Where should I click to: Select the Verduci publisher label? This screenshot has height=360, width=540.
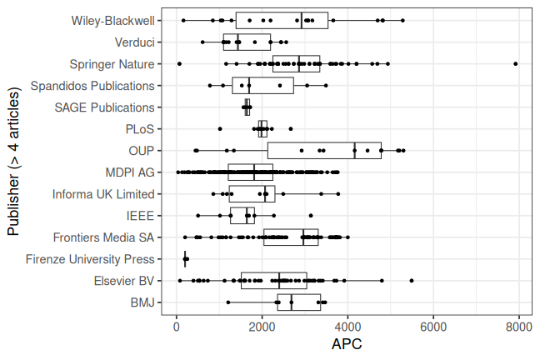pos(134,42)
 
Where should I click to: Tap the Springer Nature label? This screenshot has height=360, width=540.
pos(113,63)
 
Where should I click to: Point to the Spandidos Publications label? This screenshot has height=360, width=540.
pos(92,85)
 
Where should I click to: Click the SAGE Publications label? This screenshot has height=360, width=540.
pos(104,107)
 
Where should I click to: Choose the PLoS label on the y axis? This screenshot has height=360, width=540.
pos(139,128)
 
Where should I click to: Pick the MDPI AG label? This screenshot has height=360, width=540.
pos(130,172)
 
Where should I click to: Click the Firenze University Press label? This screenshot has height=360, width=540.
pos(90,259)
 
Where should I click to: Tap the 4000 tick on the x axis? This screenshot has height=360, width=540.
pos(347,327)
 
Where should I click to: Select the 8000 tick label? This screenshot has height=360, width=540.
pos(519,327)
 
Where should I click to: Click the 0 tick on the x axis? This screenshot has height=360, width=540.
pos(177,327)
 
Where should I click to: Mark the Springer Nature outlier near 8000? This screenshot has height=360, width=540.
pos(516,63)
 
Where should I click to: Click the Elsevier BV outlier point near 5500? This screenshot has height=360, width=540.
pos(412,281)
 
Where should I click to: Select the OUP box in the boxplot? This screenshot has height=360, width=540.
pos(324,151)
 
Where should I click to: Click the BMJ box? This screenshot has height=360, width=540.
pos(298,302)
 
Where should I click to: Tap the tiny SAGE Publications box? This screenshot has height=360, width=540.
pos(247,107)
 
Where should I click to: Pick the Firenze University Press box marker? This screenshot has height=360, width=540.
pos(186,259)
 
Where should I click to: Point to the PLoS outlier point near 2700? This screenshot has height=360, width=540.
pos(291,128)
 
